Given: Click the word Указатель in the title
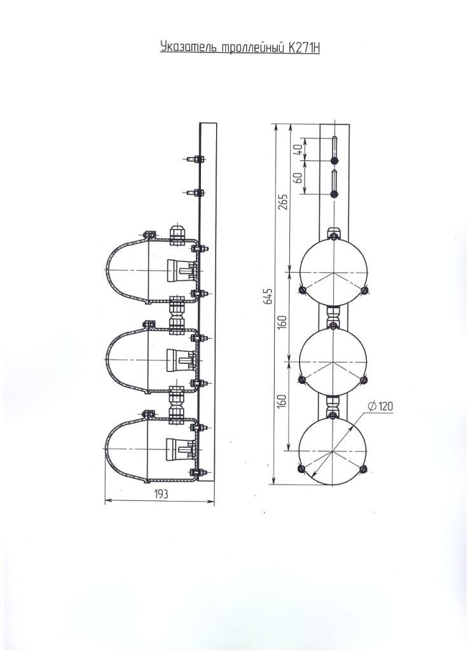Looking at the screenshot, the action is [188, 47].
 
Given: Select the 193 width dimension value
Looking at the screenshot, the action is [161, 494].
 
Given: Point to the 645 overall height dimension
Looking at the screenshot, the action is [269, 296].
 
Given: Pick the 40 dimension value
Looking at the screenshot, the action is [298, 149].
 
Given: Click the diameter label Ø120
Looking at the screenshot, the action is [380, 406].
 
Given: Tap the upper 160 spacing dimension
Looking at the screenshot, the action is [283, 322].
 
